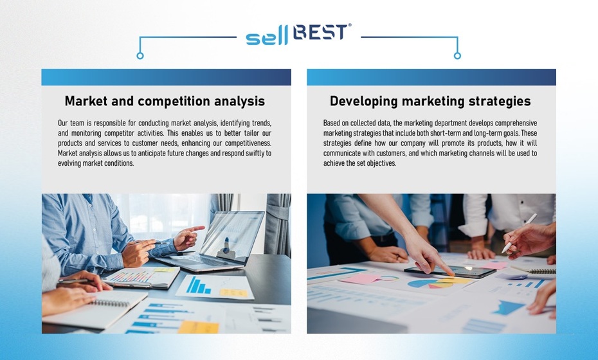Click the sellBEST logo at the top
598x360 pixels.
coord(298,34)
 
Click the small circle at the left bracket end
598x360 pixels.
coord(140,56)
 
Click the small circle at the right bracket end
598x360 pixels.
coord(457,56)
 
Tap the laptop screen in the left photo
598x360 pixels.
coord(233,237)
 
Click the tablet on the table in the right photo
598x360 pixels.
coord(450,271)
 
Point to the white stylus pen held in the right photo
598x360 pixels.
coord(519,233)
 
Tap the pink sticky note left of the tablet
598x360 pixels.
coord(360,279)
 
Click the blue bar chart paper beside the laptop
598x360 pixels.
coord(215,287)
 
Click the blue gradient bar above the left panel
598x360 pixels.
coord(167,77)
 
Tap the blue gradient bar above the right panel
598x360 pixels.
coord(431,77)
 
